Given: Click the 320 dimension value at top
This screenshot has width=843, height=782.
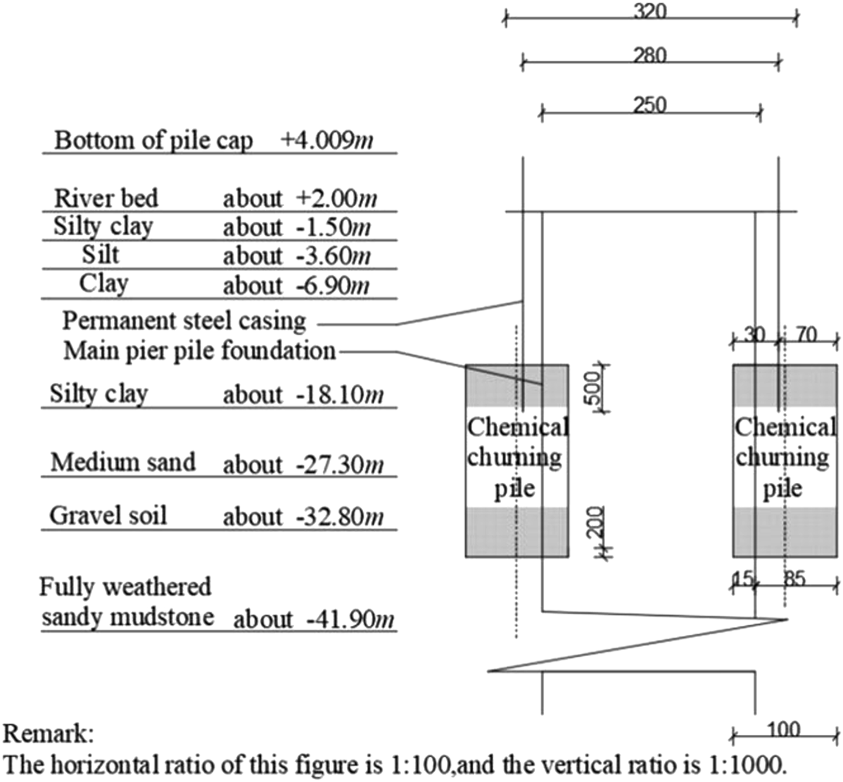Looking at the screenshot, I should coord(649,11).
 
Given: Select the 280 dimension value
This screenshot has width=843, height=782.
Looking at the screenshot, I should coord(649,55).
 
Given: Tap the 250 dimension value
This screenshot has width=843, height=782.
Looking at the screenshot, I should coord(649,105).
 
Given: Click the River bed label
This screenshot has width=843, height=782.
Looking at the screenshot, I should coord(106,198).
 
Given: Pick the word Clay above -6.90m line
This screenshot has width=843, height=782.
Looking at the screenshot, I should coord(103,283).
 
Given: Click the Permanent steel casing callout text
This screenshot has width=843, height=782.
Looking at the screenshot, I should coord(184,321).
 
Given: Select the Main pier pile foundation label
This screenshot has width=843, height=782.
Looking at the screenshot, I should coord(199,351).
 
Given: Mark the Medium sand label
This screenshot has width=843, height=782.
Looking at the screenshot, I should coord(123,462).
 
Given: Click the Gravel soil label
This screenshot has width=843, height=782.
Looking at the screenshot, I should coord(108,515).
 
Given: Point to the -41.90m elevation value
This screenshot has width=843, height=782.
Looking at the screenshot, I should coord(350,619).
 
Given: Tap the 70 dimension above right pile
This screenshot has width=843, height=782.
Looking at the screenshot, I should coord(806,335).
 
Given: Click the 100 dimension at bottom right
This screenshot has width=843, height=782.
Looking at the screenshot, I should coord(783,729).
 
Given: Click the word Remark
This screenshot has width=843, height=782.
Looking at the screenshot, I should coord(46,734).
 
